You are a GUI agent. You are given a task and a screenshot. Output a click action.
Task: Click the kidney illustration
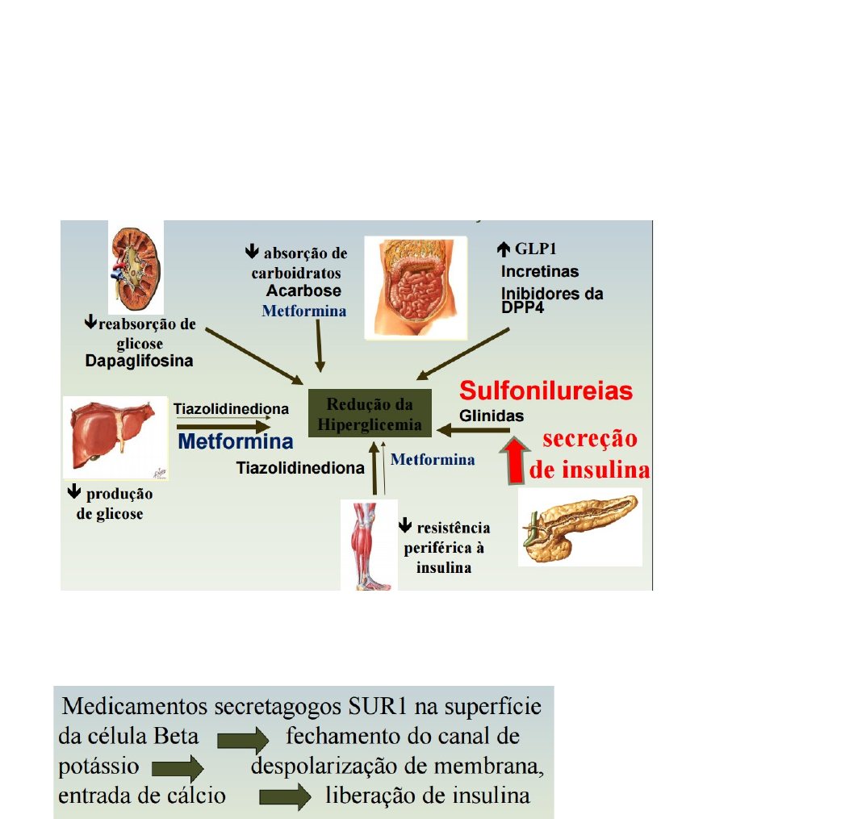(x=136, y=267)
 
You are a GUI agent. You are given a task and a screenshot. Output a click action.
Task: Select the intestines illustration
(x=415, y=286)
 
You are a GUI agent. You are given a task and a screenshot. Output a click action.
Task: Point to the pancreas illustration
(x=580, y=525)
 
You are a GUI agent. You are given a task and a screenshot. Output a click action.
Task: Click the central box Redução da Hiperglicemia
(x=370, y=415)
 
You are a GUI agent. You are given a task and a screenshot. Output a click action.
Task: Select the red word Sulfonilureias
(x=546, y=391)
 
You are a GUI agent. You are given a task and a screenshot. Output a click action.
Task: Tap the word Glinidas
(x=492, y=416)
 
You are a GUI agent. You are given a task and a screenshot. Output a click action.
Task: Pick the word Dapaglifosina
(x=140, y=361)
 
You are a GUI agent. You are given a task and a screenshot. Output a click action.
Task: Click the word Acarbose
(x=303, y=290)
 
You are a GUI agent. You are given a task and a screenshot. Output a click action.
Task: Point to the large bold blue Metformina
(x=235, y=442)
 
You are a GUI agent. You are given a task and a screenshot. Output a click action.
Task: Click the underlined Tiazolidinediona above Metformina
(x=231, y=409)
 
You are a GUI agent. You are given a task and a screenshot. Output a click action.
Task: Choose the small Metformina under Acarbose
(x=304, y=311)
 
